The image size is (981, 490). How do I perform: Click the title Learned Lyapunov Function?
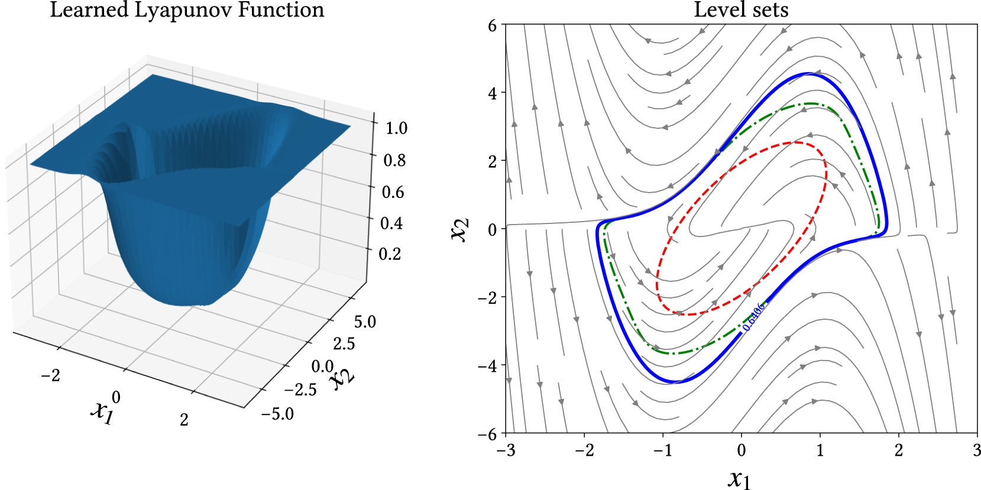point(187,10)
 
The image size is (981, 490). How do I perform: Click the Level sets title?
point(741,10)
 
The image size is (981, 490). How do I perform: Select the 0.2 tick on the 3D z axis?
point(390,254)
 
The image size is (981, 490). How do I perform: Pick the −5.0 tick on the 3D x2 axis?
point(277,414)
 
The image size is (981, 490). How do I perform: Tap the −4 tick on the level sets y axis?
point(490,365)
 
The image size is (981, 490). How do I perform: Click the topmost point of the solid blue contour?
point(809,73)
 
